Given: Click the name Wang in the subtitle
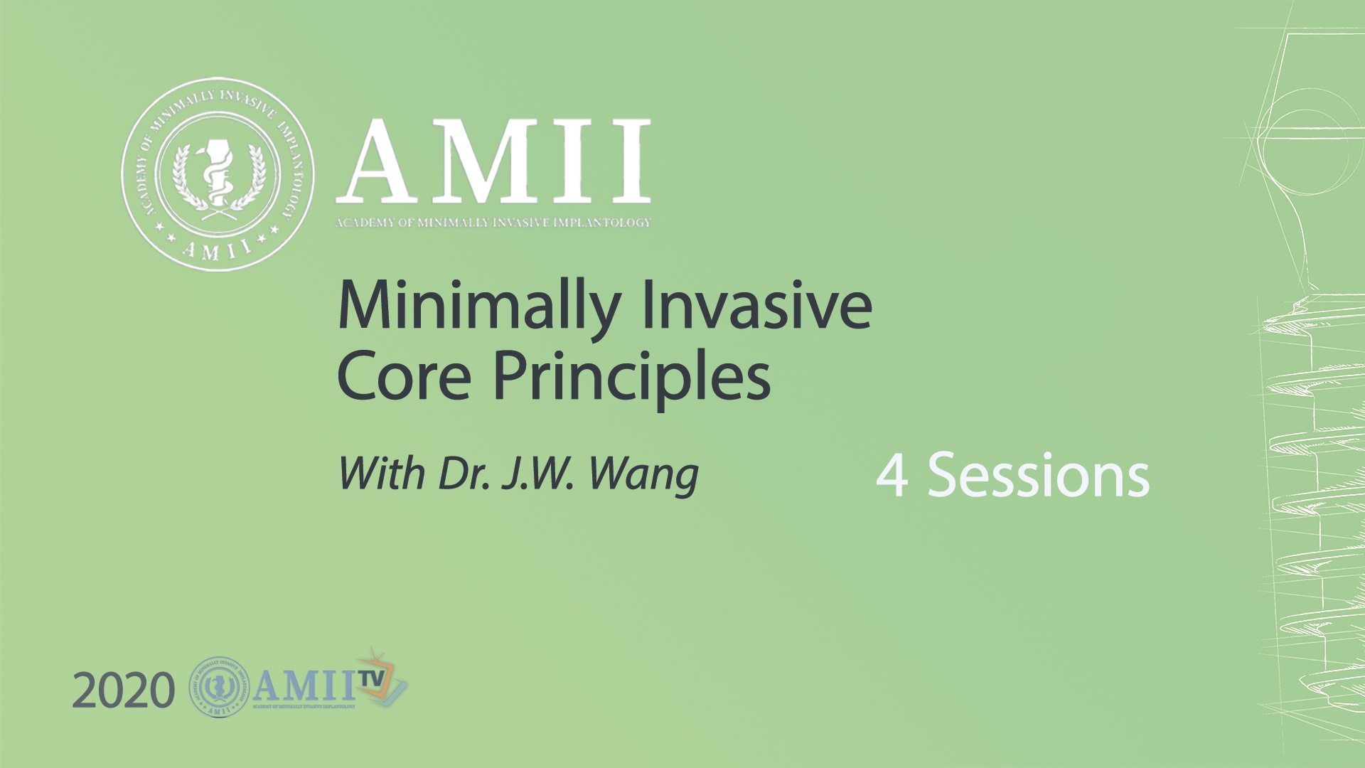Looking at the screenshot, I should [644, 475].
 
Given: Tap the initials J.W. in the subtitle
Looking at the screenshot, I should [537, 474].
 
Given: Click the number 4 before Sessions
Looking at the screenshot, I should [892, 475].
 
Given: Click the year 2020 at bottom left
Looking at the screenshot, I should [123, 691].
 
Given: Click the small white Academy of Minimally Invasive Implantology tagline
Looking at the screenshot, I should [493, 223].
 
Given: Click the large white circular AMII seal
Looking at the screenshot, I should [218, 174].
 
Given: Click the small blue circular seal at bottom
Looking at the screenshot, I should [220, 686].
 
